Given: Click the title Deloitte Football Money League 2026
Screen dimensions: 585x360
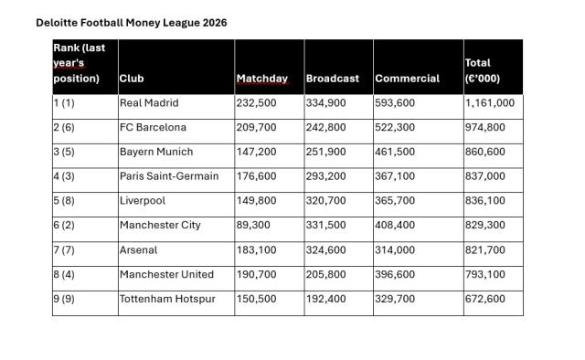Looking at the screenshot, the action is [132, 22].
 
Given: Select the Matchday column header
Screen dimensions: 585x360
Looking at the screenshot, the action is [262, 79].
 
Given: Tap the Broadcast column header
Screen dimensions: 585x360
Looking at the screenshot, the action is [333, 79].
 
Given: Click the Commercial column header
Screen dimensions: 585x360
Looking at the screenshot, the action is [407, 79].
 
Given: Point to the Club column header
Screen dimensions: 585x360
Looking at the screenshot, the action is [132, 79].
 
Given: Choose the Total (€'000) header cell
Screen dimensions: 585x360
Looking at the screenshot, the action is [483, 70].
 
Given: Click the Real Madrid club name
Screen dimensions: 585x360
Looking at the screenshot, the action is [149, 103].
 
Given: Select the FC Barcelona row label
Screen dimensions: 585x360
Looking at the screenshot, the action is [153, 128].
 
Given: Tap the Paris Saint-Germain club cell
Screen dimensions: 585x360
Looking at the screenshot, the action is [169, 176].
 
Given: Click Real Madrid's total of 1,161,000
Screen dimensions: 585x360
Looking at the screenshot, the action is [490, 103].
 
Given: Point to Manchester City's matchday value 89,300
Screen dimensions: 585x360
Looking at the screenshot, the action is [256, 226].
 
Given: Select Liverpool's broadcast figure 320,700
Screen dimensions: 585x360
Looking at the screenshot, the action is [326, 201].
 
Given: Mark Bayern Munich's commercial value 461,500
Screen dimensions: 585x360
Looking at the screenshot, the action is [395, 152].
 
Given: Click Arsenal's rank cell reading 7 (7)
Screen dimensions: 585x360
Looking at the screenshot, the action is [67, 249].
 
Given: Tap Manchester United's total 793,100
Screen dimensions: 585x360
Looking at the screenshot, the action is [485, 274].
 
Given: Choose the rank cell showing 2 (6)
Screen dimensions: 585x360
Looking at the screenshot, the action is [67, 128].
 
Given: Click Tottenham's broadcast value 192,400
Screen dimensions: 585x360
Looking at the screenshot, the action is [326, 299].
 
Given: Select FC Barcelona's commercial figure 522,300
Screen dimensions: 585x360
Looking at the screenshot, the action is [395, 128].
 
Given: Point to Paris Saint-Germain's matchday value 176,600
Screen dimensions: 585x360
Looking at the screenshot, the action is [256, 176].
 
